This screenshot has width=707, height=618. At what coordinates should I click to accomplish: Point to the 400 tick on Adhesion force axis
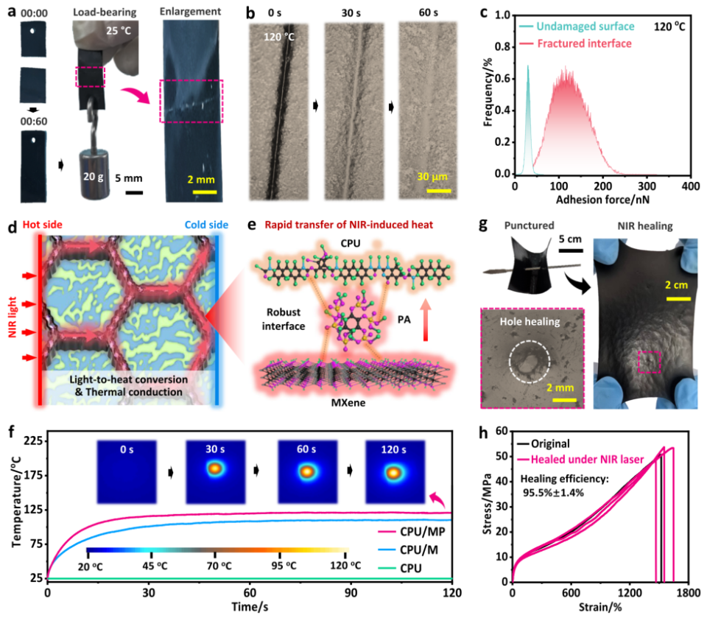point(689,187)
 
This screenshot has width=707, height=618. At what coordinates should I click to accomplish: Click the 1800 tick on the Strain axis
point(687,592)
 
